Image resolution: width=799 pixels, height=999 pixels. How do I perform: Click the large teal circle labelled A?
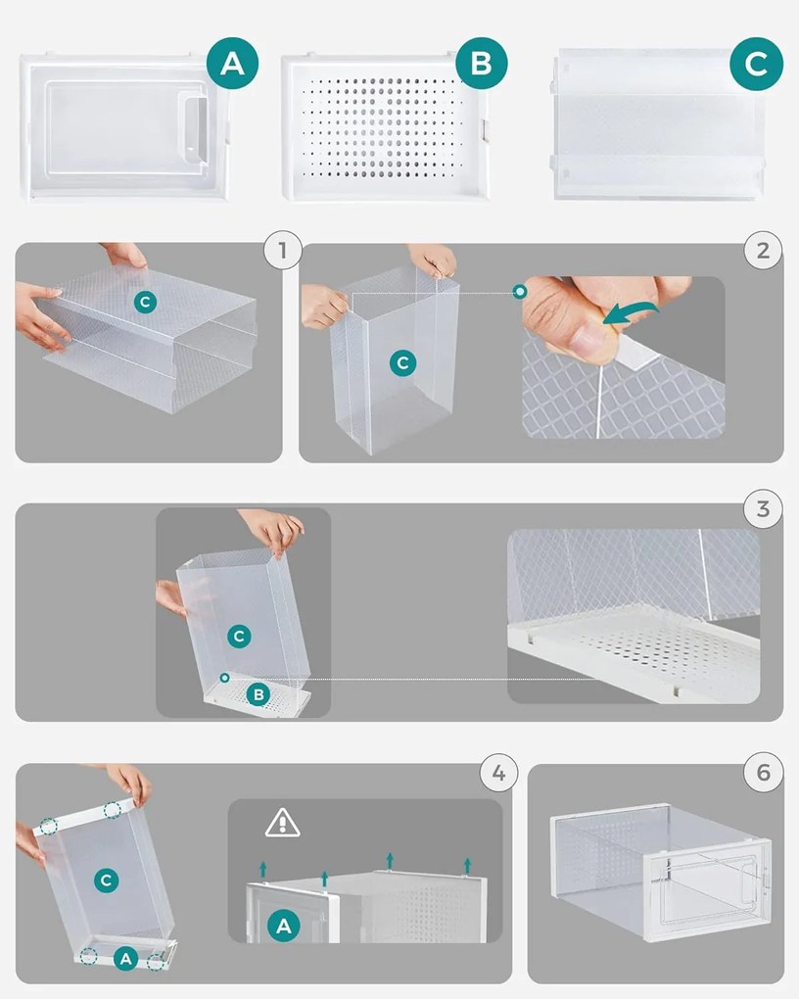[233, 63]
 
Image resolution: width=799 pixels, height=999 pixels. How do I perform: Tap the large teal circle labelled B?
[482, 63]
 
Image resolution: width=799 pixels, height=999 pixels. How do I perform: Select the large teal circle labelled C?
[756, 64]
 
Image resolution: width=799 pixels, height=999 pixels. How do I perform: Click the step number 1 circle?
[283, 251]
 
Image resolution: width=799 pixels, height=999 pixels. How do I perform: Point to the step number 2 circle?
[763, 251]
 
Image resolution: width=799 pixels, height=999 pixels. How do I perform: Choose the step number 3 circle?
[763, 509]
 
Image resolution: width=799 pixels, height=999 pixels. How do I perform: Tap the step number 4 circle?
[498, 773]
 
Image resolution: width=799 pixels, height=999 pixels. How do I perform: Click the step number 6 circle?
[764, 773]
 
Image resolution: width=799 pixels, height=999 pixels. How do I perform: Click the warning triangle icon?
[282, 823]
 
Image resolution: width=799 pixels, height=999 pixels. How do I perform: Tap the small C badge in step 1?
[145, 302]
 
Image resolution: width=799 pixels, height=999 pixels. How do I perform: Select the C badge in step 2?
[402, 363]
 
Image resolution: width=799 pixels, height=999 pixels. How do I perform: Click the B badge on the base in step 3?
[258, 693]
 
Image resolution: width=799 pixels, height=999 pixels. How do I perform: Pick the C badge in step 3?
[239, 636]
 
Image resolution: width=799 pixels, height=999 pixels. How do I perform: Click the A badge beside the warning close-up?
[284, 926]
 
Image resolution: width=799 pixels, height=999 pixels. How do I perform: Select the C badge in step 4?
[107, 880]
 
